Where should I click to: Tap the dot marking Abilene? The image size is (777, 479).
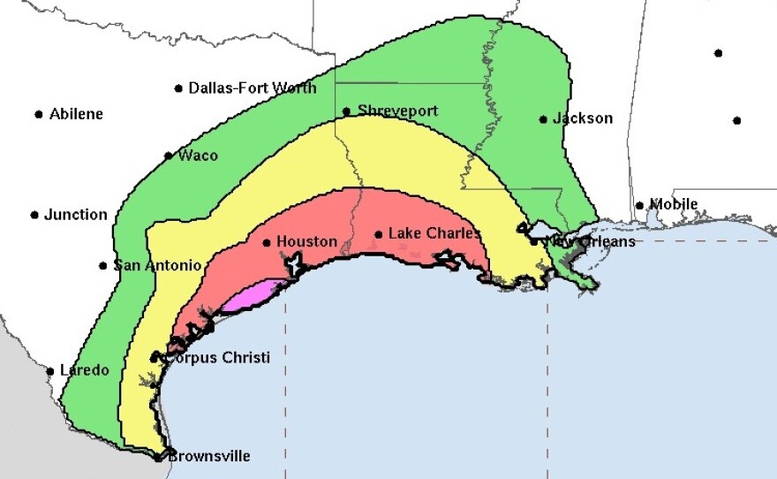39,114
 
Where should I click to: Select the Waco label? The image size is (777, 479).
198,156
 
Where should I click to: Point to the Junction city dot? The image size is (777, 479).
34,215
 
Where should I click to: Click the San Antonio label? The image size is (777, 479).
157,265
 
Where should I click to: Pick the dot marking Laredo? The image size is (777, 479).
50,371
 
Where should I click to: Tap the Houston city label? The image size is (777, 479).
306,241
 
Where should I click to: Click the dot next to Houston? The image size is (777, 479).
267,242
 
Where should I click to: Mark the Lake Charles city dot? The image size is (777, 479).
378,234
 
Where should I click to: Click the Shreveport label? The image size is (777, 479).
397,111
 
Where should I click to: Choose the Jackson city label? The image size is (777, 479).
582,118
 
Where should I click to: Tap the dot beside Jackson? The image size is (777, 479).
543,119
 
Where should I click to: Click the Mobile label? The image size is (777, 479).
673,205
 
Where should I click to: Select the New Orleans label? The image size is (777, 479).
589,241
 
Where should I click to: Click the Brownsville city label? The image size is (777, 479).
208,456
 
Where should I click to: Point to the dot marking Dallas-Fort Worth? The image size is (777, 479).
179,88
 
